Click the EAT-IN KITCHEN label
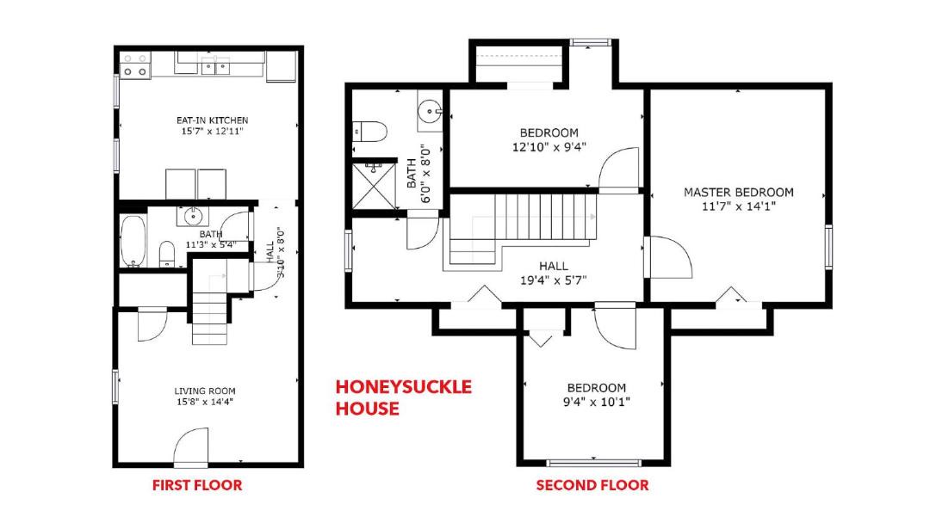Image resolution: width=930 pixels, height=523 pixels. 213,120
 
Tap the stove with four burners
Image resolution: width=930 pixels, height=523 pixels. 135,65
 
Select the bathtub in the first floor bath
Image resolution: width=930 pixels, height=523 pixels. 133,241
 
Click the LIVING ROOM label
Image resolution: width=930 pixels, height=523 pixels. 205,391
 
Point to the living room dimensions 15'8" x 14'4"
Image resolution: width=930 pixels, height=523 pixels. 205,403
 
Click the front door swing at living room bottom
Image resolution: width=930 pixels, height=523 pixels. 191,446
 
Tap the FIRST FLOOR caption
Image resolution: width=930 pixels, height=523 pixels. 197,486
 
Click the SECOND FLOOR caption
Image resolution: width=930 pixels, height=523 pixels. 592,486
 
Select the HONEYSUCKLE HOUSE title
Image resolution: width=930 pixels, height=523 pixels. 403,397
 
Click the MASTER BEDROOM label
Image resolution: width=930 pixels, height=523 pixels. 739,193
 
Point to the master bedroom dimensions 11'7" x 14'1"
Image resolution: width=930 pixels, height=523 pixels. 739,206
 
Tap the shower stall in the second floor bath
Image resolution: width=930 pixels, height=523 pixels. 374,186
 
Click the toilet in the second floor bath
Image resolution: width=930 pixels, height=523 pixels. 369,131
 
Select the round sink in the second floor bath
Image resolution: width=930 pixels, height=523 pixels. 430,111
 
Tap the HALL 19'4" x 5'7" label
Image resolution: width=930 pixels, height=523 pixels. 554,273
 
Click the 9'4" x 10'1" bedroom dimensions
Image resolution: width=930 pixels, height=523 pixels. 596,403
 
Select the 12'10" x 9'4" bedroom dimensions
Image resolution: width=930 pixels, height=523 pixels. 549,147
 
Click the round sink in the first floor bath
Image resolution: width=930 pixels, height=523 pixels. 193,217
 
